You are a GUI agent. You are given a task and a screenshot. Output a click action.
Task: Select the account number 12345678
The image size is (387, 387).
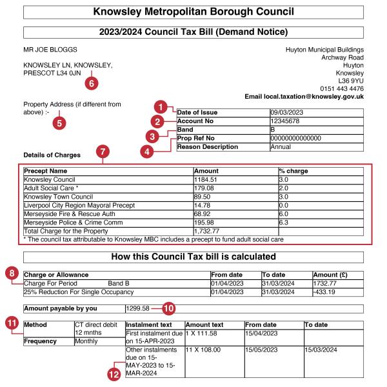tap(287, 121)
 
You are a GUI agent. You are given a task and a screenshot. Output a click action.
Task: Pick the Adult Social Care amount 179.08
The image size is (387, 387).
tap(206, 188)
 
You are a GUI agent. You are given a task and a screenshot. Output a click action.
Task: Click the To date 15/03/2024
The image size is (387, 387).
tap(322, 351)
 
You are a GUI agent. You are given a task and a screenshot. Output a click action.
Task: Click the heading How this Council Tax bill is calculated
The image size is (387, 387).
tap(193, 256)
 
